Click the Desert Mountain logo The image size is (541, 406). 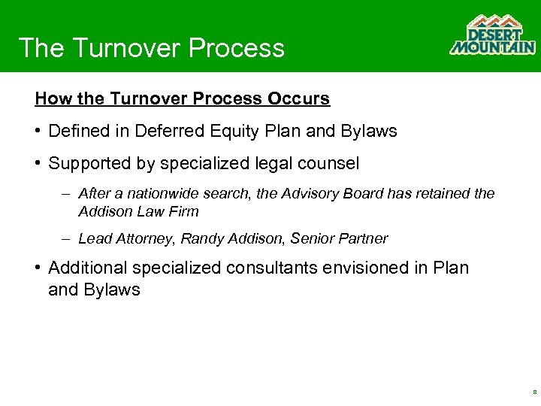[492, 35]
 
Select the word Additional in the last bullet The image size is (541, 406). [85, 268]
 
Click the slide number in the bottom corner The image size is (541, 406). [533, 392]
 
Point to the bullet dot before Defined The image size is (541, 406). [38, 132]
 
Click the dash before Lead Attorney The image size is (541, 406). [66, 239]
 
